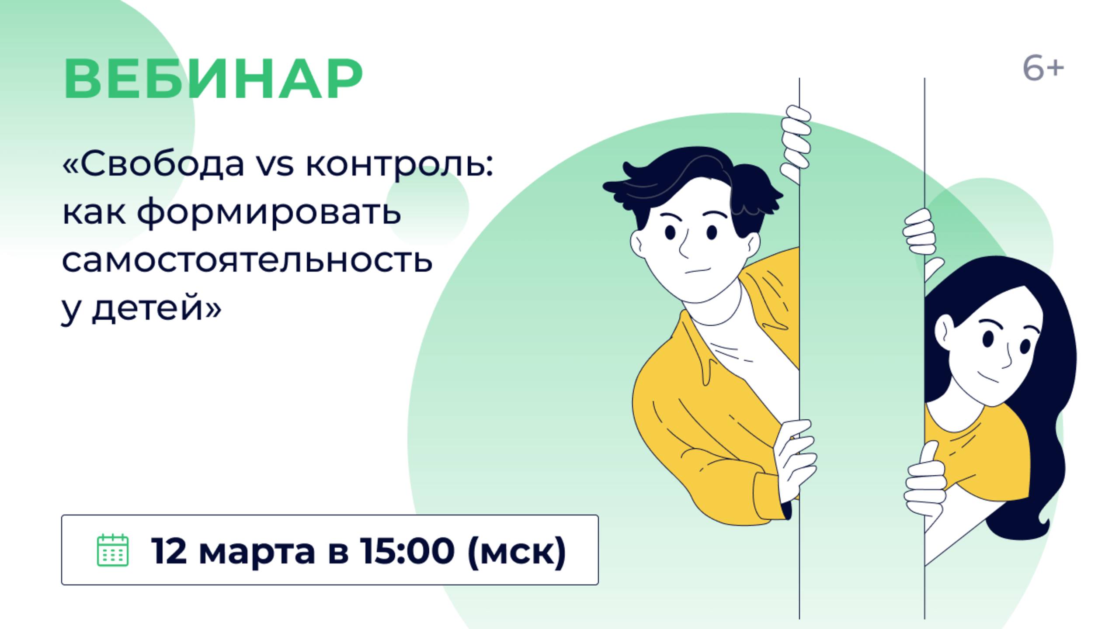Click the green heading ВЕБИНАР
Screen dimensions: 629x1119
pos(213,79)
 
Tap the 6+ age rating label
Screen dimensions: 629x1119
pos(1043,69)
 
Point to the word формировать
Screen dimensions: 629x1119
pos(269,212)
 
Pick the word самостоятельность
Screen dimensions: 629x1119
pos(247,260)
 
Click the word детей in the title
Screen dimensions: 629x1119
pos(148,308)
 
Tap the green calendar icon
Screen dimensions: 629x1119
pos(112,550)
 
